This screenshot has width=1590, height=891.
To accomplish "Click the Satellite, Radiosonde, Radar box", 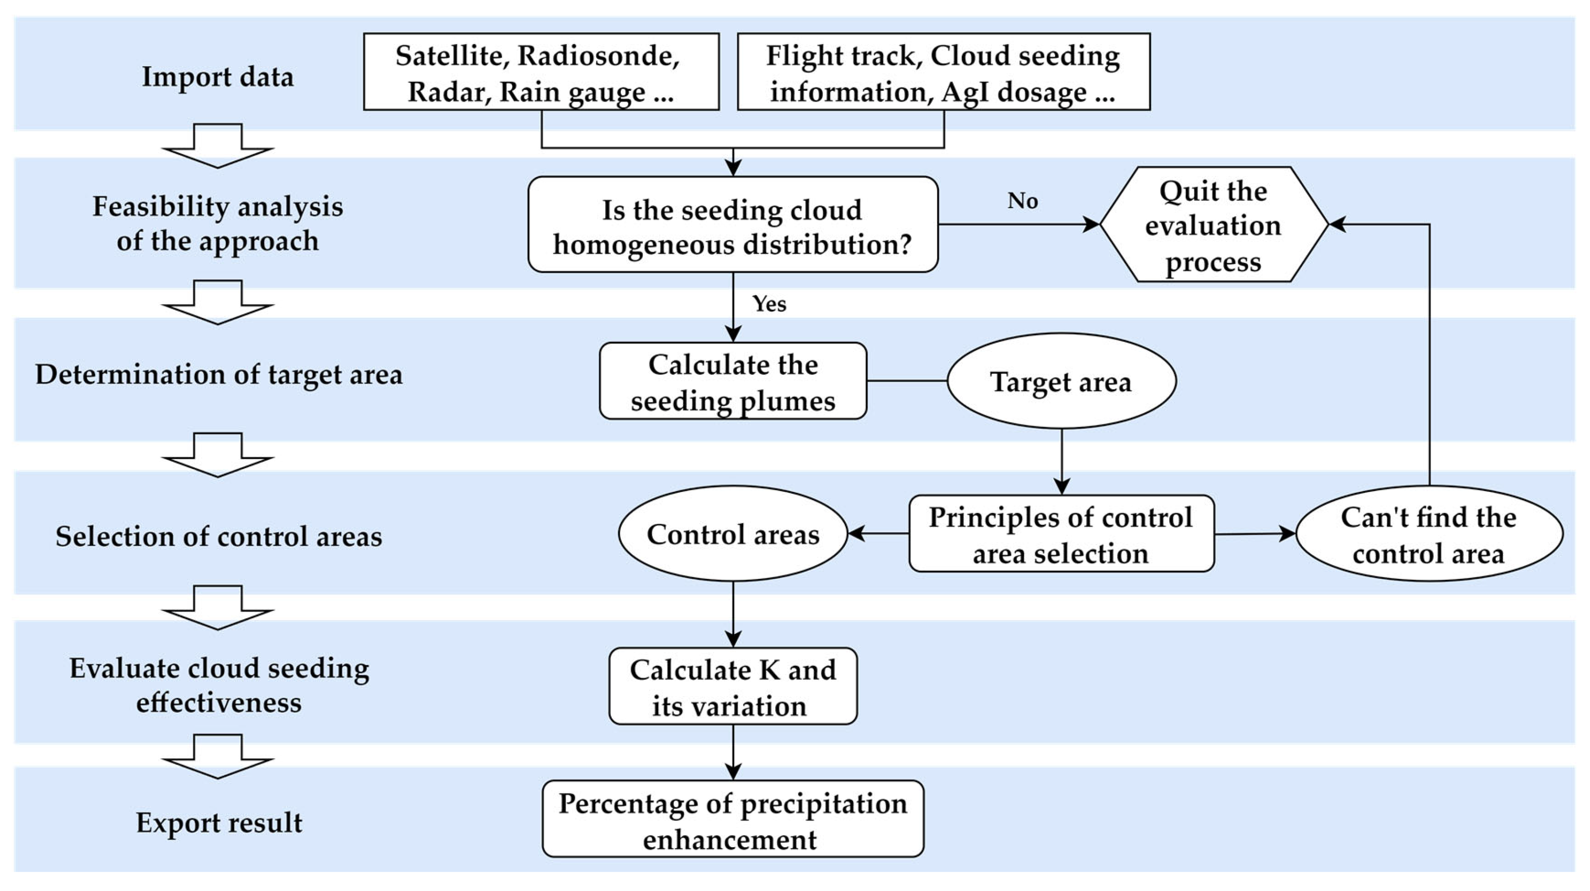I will click(x=541, y=72).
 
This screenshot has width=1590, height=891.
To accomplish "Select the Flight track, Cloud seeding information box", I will click(x=943, y=72).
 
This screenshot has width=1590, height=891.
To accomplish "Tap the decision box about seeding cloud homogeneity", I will click(x=733, y=225).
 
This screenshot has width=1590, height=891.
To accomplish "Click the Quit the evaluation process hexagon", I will click(x=1213, y=225).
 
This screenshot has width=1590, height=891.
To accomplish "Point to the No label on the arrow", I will click(x=1022, y=201).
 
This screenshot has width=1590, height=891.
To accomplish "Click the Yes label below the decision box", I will click(x=769, y=304).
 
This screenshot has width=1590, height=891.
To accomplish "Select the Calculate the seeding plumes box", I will click(x=733, y=381).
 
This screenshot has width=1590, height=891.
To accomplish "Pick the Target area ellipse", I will click(x=1061, y=381).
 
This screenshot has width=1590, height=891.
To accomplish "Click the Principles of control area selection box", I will click(x=1061, y=534).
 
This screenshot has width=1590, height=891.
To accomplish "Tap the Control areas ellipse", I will click(x=733, y=534).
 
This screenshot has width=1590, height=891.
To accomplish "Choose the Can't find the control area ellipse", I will click(x=1428, y=534).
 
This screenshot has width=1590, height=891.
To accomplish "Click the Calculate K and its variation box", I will click(x=733, y=687).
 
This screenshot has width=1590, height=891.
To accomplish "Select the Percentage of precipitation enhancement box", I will click(x=733, y=820).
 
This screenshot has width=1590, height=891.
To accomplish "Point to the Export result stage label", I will click(x=219, y=822).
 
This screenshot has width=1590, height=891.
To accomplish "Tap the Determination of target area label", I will click(x=219, y=375).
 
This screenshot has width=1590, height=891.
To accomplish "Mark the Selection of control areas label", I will click(x=219, y=536).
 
